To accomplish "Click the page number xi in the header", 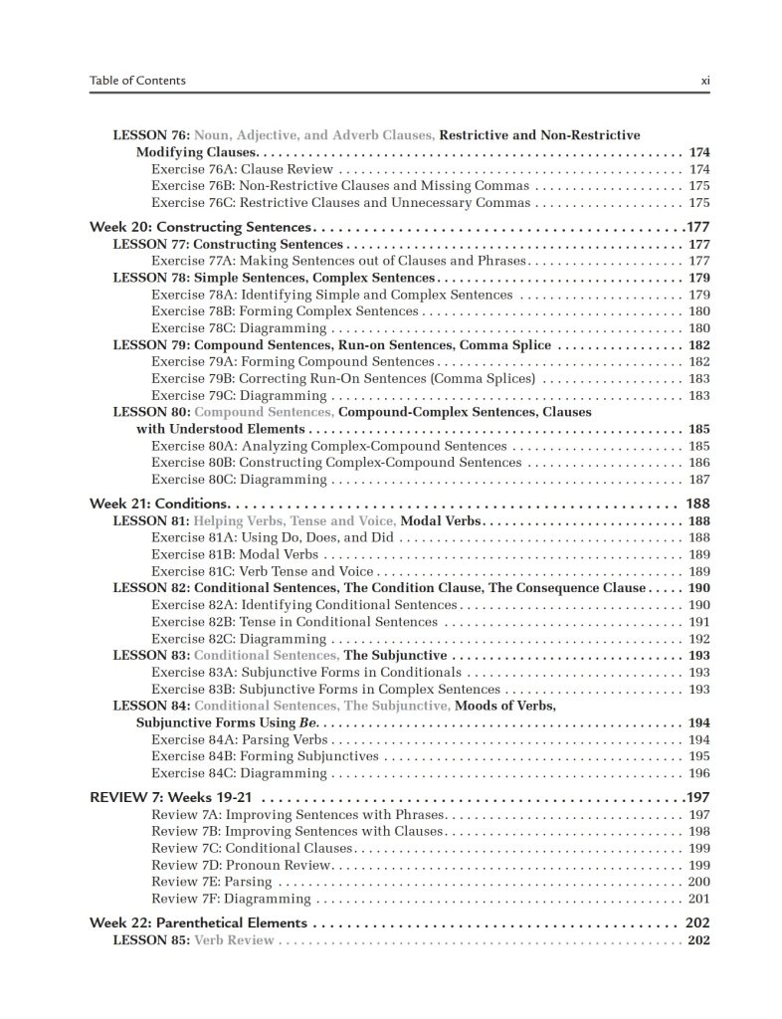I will (704, 81).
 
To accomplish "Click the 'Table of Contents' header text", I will (137, 81).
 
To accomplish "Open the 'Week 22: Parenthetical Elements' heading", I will (199, 922).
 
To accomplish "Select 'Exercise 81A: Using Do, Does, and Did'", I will (273, 537).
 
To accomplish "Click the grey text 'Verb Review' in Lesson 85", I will (235, 940).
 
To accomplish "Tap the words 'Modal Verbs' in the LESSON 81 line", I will (441, 520).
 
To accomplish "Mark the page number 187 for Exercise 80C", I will (698, 479).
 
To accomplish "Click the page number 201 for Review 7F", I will (698, 899).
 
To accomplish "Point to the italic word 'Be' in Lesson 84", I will (293, 723).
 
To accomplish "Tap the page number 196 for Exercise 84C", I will (698, 772).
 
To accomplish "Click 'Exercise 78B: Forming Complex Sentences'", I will (285, 311).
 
